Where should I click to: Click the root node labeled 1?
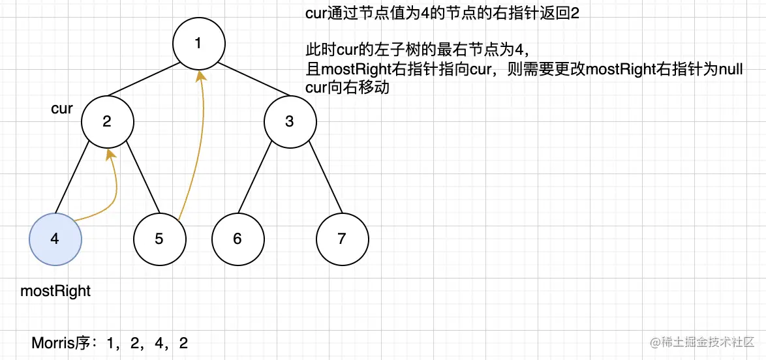pos(199,44)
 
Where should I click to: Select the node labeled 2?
pos(108,122)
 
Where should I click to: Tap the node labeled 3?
pos(290,122)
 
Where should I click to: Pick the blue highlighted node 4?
pos(55,239)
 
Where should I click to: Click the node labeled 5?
pos(159,239)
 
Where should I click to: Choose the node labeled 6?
pos(237,239)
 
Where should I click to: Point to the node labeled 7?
pos(342,239)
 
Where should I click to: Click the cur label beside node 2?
pos(61,108)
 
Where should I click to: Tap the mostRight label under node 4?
pos(55,291)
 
